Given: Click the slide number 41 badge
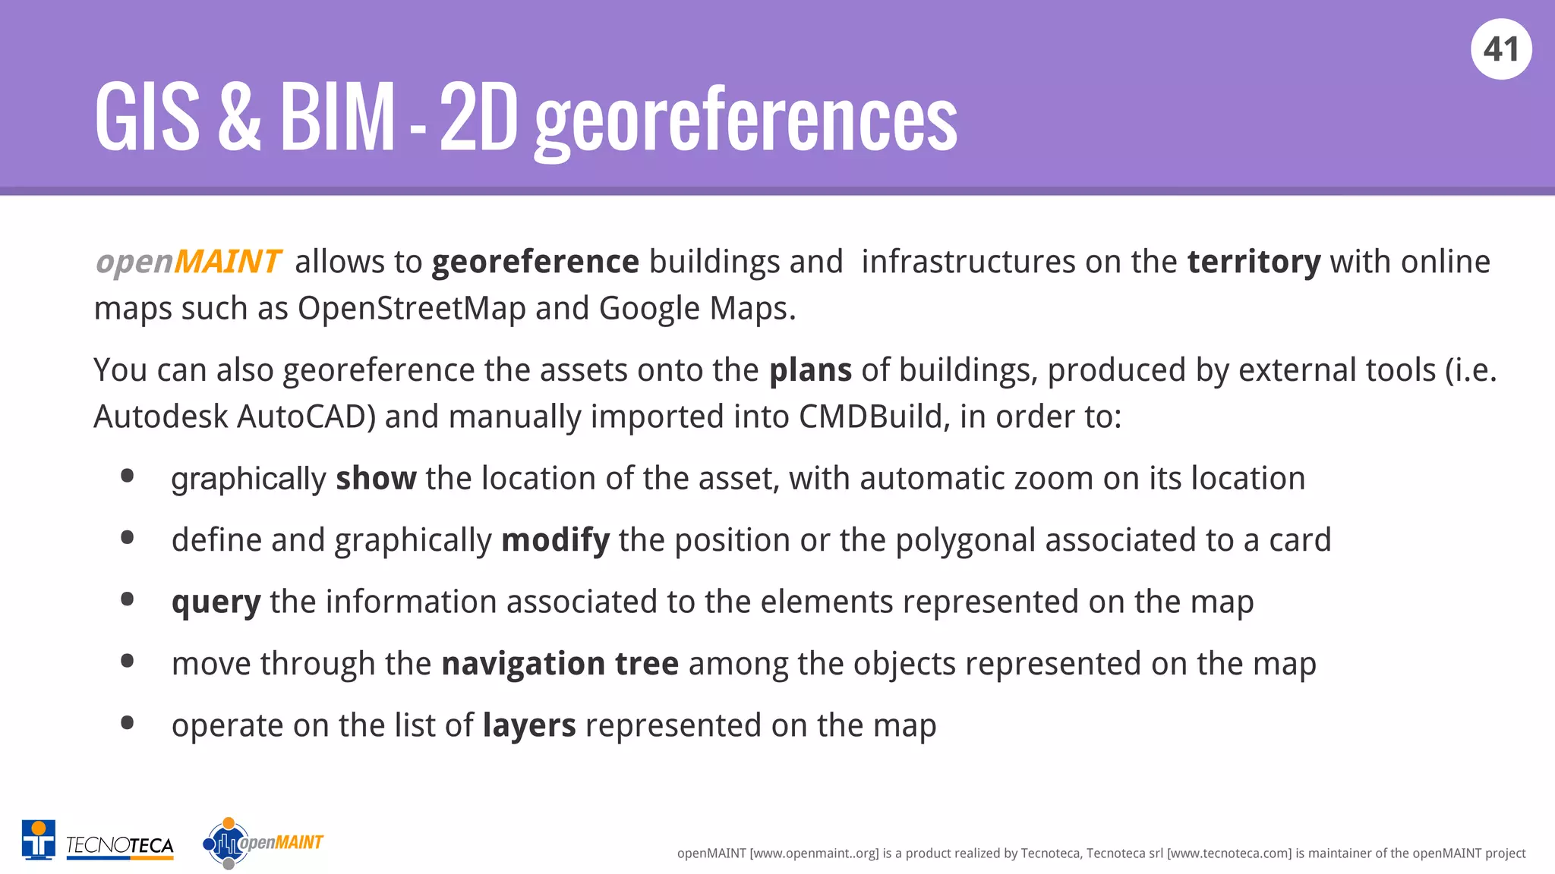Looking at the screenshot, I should point(1501,49).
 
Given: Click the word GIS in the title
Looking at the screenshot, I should point(147,118).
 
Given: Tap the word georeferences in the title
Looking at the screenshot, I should point(746,120).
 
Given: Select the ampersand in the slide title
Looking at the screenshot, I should point(239,118).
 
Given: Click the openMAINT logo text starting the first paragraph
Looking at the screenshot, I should point(188,262).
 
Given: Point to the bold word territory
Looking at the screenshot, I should point(1254,262).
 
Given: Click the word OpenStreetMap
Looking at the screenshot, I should point(411,309).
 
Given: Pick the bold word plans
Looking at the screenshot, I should point(809,370).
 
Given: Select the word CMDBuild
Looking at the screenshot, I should point(870,417).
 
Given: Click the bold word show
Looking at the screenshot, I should point(376,479).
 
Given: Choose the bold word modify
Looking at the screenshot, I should point(555,540).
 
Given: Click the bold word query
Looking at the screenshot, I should point(216,602).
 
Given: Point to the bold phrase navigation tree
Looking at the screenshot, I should point(560,664).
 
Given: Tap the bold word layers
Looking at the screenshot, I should point(529,725).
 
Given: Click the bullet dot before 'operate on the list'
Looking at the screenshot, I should point(128,723).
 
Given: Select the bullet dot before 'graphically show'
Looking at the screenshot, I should point(128,476).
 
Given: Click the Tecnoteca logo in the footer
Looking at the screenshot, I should point(98,841).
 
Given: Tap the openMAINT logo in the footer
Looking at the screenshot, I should point(263,842).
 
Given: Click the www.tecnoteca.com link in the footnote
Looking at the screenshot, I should point(1229,854).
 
